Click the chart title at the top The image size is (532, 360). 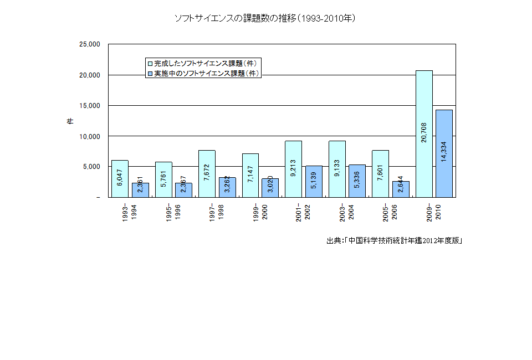[x=265, y=18]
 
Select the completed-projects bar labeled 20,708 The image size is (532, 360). [x=424, y=133]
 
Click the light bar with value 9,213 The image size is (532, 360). [x=294, y=169]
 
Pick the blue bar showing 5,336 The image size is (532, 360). [x=357, y=181]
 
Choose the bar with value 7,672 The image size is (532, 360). [x=207, y=173]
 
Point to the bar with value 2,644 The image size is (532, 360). [x=401, y=189]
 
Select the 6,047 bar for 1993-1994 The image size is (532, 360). [x=120, y=178]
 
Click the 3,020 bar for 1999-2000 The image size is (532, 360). [x=270, y=188]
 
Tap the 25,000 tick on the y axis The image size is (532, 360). [x=89, y=44]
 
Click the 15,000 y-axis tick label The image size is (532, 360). [x=89, y=105]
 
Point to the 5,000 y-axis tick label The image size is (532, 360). [x=91, y=166]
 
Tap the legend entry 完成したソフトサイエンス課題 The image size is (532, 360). [x=204, y=63]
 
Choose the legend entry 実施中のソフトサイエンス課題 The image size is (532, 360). [x=204, y=73]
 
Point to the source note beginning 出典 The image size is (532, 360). [x=394, y=240]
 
